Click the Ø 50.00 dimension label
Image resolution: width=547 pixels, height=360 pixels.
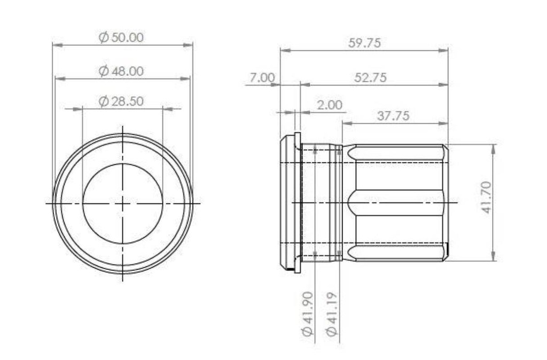[x=121, y=37]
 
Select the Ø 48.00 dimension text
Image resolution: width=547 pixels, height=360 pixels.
[x=121, y=71]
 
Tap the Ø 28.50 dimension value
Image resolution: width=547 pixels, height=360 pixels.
[x=121, y=101]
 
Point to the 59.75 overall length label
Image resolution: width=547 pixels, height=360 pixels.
[x=364, y=43]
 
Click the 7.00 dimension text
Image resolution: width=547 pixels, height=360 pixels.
[x=262, y=77]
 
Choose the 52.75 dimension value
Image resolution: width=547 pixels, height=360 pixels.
[x=371, y=77]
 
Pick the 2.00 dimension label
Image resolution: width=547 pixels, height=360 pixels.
[x=330, y=105]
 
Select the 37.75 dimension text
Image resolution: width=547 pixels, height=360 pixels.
[x=393, y=116]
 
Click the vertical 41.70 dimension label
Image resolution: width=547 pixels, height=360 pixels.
[x=486, y=197]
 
